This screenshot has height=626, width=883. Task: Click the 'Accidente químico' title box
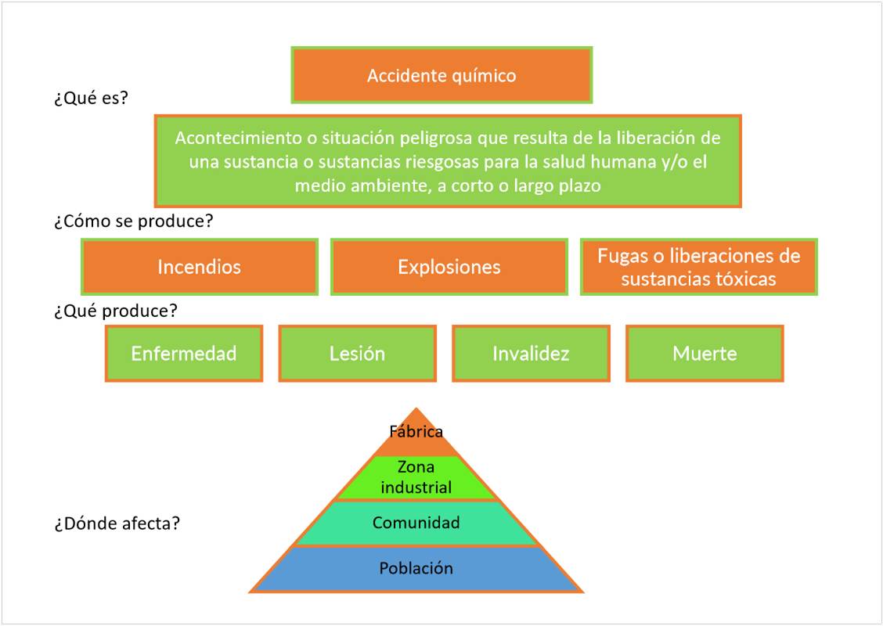[441, 75]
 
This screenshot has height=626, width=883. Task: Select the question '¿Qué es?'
[91, 99]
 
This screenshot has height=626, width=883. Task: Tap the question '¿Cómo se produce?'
[134, 221]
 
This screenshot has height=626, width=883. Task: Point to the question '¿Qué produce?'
[116, 311]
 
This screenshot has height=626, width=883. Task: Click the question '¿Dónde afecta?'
[117, 523]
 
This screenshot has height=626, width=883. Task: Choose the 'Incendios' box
[200, 267]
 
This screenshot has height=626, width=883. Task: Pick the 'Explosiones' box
[449, 267]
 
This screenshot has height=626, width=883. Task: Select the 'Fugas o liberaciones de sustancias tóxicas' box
[698, 267]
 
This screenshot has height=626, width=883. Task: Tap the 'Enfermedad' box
[184, 354]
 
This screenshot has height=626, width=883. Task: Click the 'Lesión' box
[357, 354]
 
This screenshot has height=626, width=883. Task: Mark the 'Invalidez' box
[531, 354]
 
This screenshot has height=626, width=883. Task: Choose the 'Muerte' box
[705, 354]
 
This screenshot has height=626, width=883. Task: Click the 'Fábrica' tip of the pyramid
[416, 432]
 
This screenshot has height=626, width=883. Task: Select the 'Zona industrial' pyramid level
[416, 477]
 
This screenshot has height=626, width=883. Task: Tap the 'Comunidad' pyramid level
[416, 523]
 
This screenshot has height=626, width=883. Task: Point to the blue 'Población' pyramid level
[416, 569]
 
